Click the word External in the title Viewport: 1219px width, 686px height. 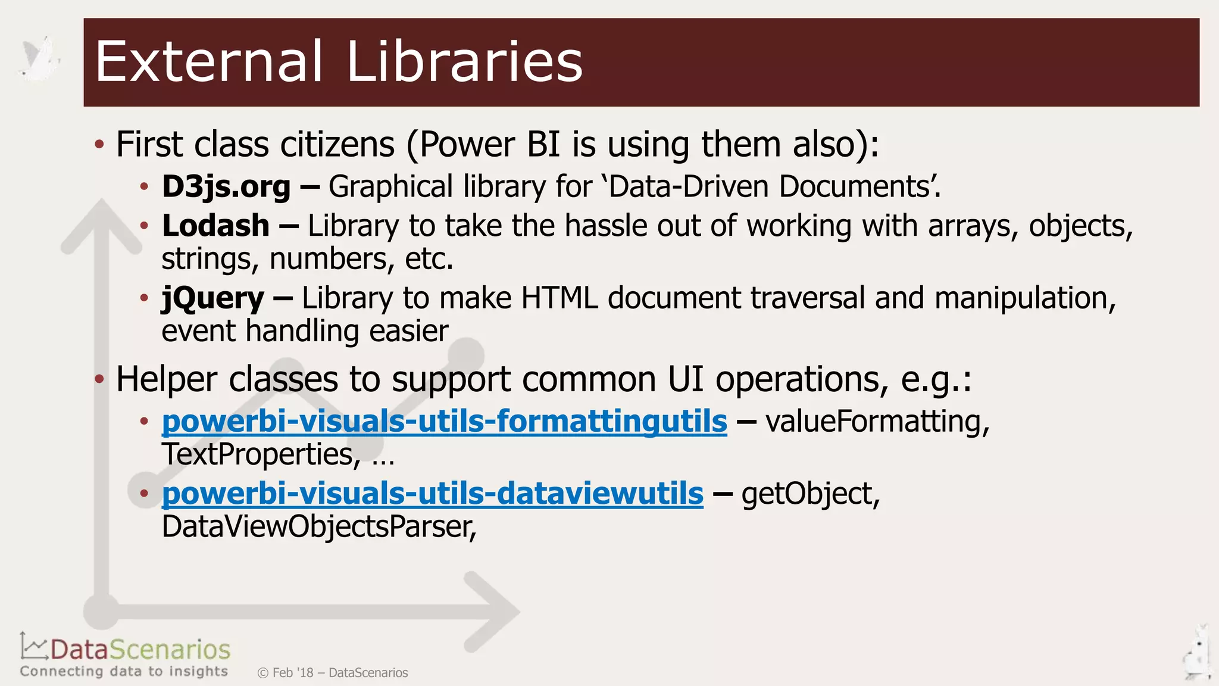tap(208, 61)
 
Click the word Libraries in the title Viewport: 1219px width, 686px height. tap(464, 61)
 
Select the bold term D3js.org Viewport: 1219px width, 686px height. tap(226, 187)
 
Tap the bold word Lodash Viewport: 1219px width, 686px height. tap(215, 226)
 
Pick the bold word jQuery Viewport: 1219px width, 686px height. tap(212, 298)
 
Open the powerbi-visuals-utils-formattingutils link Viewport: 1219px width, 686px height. tap(444, 422)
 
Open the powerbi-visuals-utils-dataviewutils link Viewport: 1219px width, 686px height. tap(432, 494)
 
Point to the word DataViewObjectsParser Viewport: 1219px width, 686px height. tap(318, 527)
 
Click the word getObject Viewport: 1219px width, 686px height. tap(810, 494)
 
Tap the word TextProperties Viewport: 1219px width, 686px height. tap(261, 454)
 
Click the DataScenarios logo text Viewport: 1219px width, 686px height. tap(140, 650)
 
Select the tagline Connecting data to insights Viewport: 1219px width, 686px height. tap(124, 672)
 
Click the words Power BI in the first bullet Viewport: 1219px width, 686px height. tap(490, 145)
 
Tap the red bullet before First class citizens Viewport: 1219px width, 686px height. tap(99, 144)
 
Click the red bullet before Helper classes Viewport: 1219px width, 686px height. tap(99, 379)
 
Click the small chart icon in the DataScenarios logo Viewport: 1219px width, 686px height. tap(33, 646)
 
